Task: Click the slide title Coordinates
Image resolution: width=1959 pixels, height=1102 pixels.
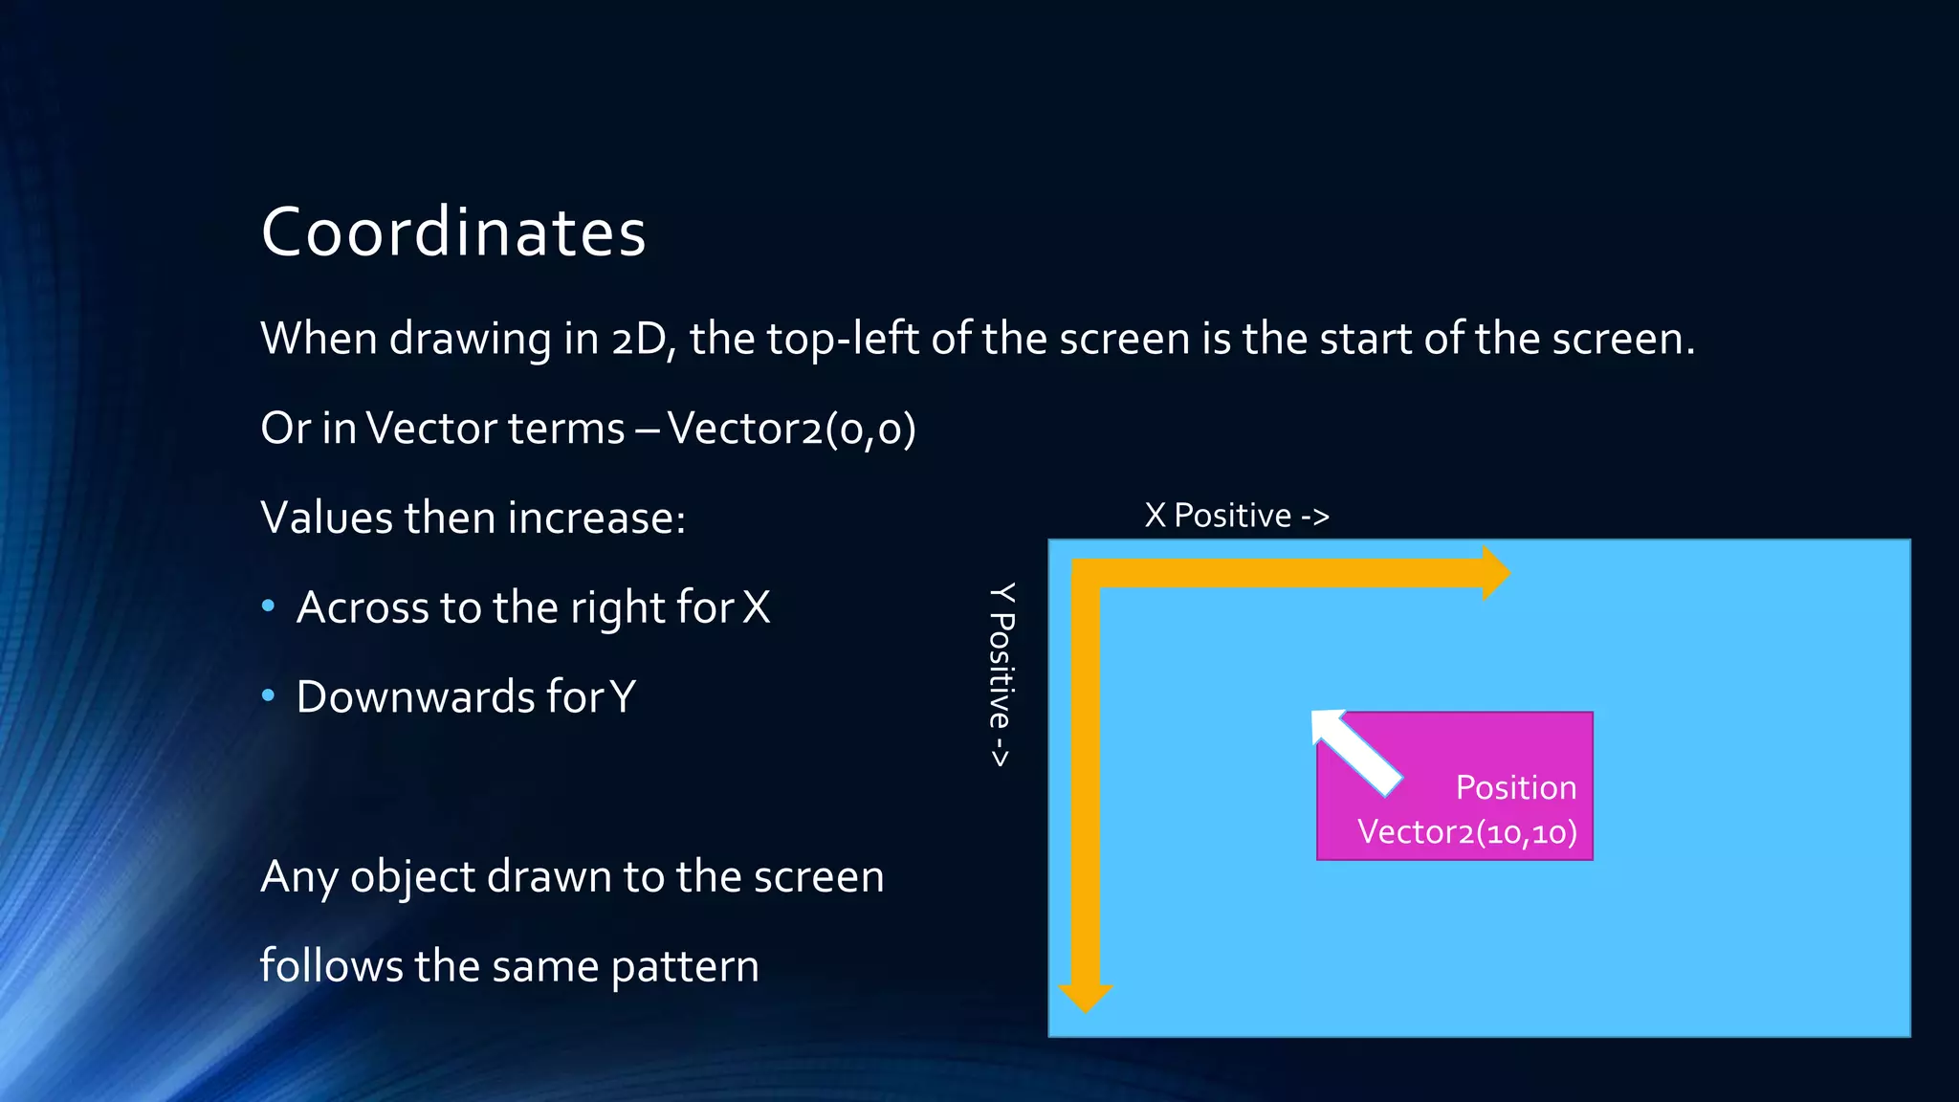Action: coord(453,232)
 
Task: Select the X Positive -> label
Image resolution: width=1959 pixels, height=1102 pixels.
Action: coord(1236,516)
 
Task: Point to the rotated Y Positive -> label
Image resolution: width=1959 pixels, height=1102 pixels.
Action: coord(1001,674)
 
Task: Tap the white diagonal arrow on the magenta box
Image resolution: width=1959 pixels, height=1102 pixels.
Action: coord(1354,752)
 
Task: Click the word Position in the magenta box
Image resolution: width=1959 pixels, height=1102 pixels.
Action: coord(1515,787)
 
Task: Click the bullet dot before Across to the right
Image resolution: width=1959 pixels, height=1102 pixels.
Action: coord(269,606)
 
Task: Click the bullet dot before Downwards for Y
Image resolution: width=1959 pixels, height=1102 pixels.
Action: coord(269,695)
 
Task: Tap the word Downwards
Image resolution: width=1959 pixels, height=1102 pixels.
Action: coord(415,696)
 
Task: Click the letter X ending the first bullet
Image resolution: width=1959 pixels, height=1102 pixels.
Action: coord(756,607)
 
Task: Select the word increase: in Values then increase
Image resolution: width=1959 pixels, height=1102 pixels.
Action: coord(596,518)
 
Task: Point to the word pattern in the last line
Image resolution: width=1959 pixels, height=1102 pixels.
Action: coord(685,966)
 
